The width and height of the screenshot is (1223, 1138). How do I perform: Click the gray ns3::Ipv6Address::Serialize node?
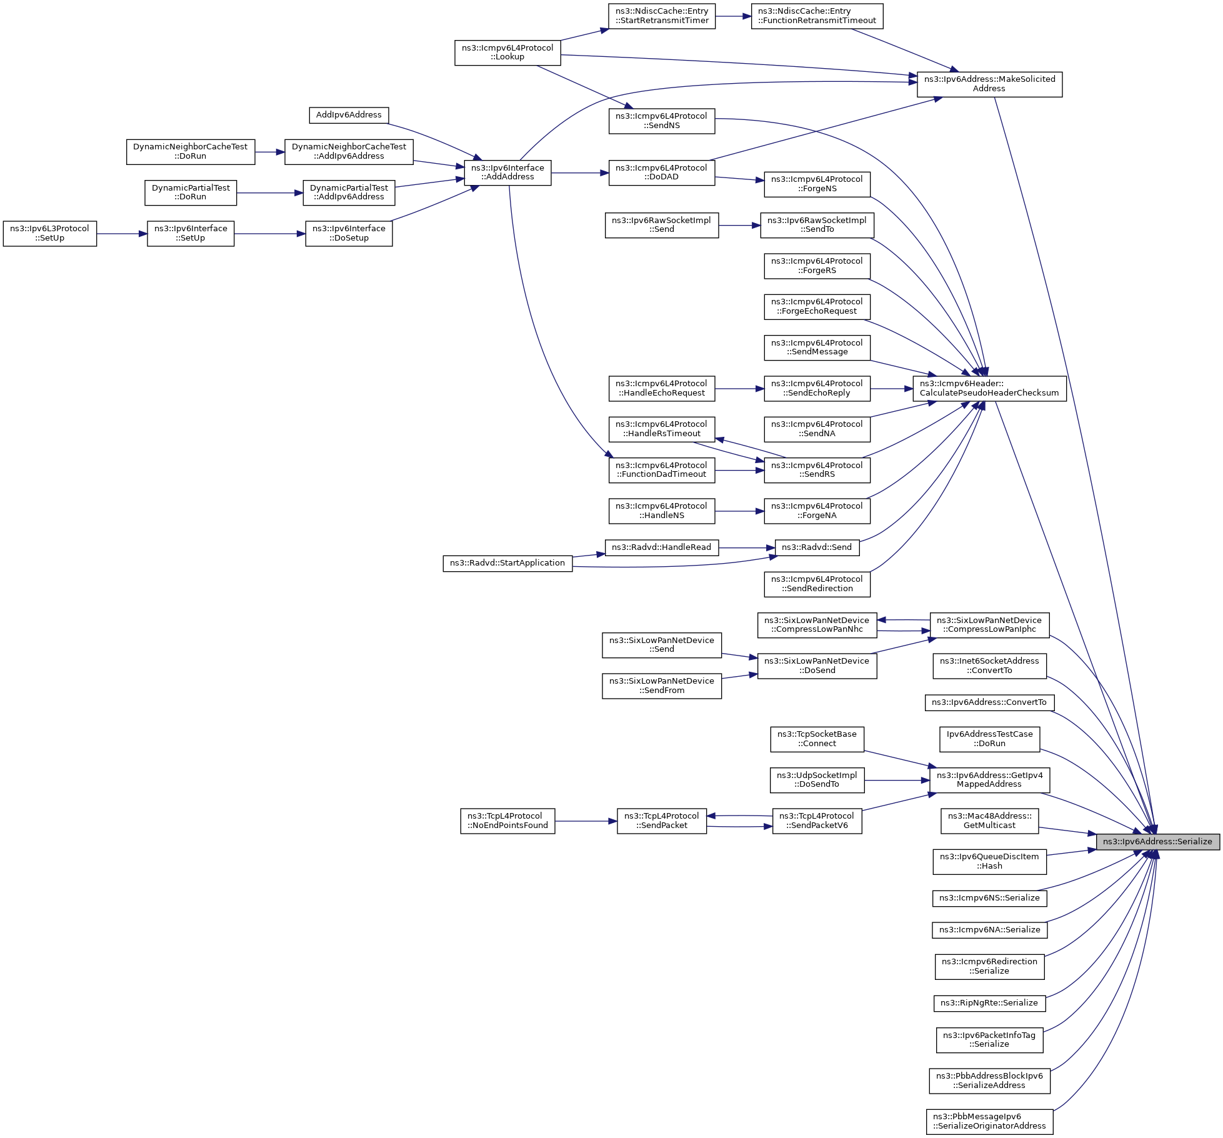click(1157, 841)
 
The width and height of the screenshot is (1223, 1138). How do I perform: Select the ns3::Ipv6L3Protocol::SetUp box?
click(50, 233)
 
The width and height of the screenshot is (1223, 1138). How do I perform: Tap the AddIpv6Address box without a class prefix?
click(349, 115)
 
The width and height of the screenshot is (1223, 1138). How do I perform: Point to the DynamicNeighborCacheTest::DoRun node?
click(191, 151)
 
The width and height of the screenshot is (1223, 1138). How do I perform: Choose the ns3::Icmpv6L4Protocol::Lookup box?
click(507, 52)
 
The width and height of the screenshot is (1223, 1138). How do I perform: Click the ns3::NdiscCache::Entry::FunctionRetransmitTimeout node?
click(817, 16)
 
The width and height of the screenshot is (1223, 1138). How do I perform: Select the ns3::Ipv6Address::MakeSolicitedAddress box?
click(989, 84)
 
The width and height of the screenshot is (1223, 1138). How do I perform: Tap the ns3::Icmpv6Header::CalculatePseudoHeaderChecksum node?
click(989, 388)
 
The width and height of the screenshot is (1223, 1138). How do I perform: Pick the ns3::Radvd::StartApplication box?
click(507, 562)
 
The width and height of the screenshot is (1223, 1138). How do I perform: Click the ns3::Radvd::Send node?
click(817, 547)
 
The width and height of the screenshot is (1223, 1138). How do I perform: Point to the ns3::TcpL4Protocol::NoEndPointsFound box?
click(507, 821)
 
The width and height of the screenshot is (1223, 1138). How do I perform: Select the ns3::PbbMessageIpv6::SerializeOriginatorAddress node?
click(989, 1121)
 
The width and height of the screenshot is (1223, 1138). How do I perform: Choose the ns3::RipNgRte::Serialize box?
click(989, 1002)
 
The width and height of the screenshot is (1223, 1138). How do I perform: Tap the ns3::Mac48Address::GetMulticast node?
click(989, 821)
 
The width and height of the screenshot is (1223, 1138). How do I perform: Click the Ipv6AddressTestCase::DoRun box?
click(989, 739)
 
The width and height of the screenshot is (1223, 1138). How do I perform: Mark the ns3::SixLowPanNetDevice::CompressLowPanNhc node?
click(817, 624)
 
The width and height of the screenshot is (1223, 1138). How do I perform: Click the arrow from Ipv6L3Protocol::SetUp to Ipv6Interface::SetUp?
click(122, 234)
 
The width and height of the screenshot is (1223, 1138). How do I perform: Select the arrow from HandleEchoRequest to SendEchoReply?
click(739, 389)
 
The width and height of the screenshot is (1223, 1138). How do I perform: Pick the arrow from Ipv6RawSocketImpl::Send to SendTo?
click(739, 225)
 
